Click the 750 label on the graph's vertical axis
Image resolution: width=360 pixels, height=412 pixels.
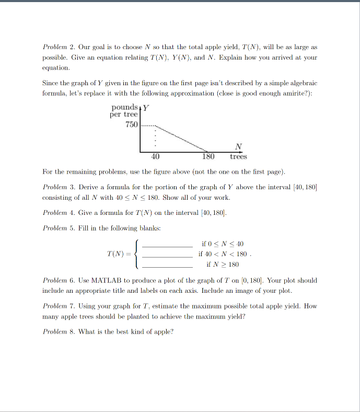pyautogui.click(x=131, y=125)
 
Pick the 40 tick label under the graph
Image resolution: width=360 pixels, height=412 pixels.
pyautogui.click(x=155, y=156)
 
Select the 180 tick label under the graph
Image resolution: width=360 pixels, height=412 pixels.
pyautogui.click(x=208, y=156)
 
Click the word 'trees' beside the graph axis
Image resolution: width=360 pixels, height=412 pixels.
pyautogui.click(x=238, y=156)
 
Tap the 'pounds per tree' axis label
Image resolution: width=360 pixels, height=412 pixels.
pyautogui.click(x=124, y=111)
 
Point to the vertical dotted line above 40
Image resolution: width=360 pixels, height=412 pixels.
pyautogui.click(x=154, y=138)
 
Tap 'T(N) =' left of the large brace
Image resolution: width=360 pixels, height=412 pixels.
pyautogui.click(x=119, y=255)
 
